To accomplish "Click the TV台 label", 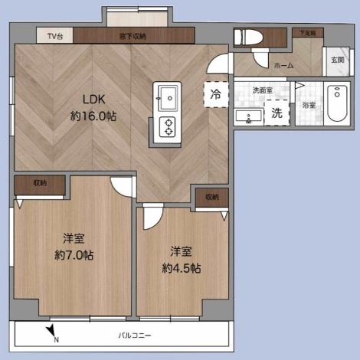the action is click(x=55, y=36).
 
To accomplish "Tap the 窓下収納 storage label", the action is click(x=133, y=36).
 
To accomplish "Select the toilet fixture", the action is click(x=248, y=38).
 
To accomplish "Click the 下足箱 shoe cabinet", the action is click(x=308, y=33).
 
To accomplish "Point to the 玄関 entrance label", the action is click(x=338, y=60).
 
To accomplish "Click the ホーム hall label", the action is click(x=283, y=66).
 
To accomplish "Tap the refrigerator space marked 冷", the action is click(x=216, y=94).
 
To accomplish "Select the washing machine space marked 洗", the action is click(x=277, y=113).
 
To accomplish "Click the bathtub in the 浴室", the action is click(x=337, y=103).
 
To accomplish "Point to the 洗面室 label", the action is click(x=263, y=90).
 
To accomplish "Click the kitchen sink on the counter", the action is click(x=168, y=98).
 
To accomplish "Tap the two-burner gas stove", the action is click(x=168, y=127).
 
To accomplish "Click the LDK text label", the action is click(x=94, y=100).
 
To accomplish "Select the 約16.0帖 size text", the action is click(x=93, y=116).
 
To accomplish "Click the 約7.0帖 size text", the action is click(x=74, y=255).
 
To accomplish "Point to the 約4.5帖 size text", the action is click(x=182, y=268).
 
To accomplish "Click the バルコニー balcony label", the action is click(x=135, y=335).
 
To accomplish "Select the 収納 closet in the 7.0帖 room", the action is click(x=40, y=185).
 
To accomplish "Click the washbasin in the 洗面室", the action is click(x=248, y=116).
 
